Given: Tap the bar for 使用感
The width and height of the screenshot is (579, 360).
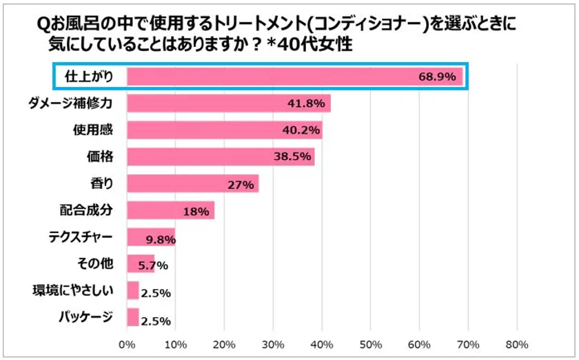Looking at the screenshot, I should tap(225, 130).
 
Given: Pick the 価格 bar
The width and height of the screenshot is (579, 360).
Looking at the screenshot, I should tap(221, 157).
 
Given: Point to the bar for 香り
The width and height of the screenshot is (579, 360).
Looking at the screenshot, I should tap(192, 183).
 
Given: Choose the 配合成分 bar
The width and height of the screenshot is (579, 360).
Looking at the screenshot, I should tap(170, 210).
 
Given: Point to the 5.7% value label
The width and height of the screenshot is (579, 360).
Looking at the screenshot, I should tap(152, 266).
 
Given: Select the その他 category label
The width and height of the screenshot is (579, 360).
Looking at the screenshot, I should tap(96, 263).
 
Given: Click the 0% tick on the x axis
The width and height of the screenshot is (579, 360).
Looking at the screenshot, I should tap(127, 343).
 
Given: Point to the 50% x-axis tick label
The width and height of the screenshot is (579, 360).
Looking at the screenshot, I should tap(371, 343).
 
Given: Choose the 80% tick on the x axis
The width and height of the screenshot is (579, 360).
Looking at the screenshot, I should tap(517, 343).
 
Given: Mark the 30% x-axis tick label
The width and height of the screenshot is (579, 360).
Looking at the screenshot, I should tap(274, 343).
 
